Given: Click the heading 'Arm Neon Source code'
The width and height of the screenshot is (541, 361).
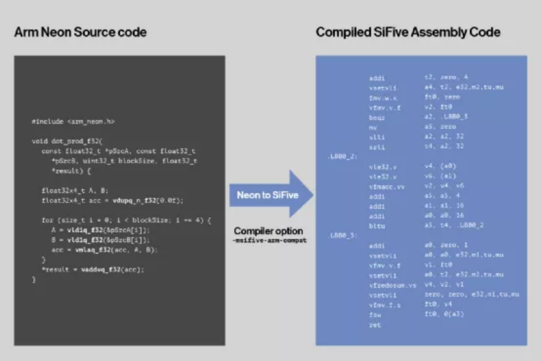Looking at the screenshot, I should [80, 33].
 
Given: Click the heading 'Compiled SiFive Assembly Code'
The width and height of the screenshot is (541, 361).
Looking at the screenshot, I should [408, 33].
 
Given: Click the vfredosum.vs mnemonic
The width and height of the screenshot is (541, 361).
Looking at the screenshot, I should [391, 285].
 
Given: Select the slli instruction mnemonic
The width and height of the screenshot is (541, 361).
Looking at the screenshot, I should [375, 138].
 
